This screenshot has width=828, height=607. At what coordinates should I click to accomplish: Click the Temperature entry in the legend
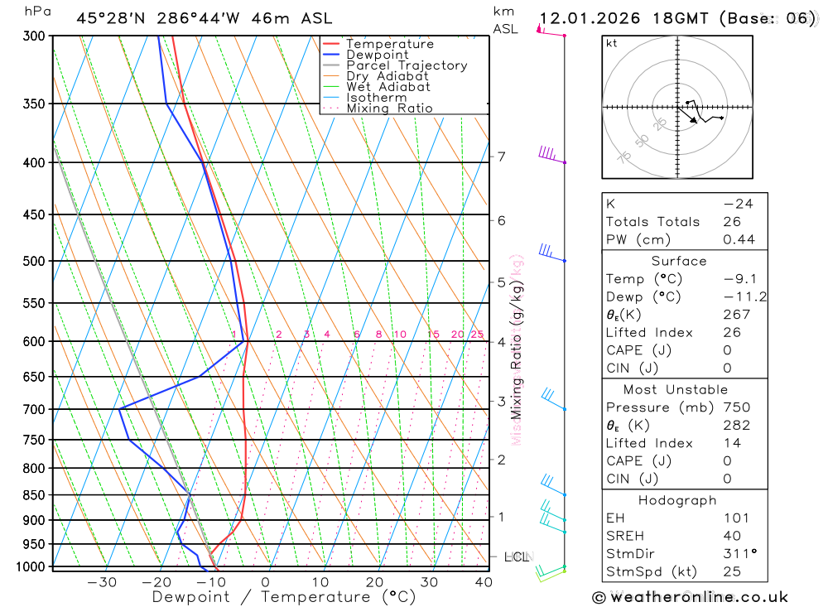click(389, 44)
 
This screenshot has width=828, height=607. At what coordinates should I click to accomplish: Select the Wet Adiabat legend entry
click(388, 87)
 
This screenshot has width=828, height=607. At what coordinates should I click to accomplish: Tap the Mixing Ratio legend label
click(389, 108)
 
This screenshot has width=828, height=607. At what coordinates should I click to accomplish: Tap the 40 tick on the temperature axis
click(484, 582)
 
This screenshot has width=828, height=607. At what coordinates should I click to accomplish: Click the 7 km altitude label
click(501, 157)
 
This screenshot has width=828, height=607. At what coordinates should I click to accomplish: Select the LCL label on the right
click(517, 557)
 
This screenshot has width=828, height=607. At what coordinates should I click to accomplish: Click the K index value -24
click(737, 204)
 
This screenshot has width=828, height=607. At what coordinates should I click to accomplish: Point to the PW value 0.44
click(739, 240)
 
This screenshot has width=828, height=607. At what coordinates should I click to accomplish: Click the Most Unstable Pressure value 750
click(736, 407)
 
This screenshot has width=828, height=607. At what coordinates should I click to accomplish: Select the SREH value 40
click(732, 536)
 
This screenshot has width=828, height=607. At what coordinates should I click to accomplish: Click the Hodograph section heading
click(678, 500)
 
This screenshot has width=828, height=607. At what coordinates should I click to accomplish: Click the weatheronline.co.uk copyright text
click(690, 596)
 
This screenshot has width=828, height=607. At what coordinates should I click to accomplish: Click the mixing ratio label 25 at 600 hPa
click(477, 335)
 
